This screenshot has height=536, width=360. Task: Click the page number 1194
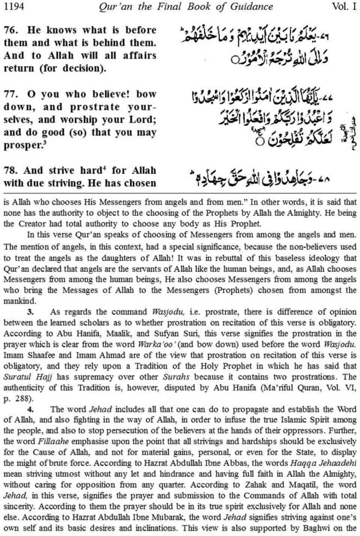click(14, 7)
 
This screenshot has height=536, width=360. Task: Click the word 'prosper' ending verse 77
click(21, 145)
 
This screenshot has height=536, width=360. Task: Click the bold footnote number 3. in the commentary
click(31, 312)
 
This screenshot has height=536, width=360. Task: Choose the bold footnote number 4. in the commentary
click(31, 409)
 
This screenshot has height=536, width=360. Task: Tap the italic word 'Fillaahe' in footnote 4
click(52, 442)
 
